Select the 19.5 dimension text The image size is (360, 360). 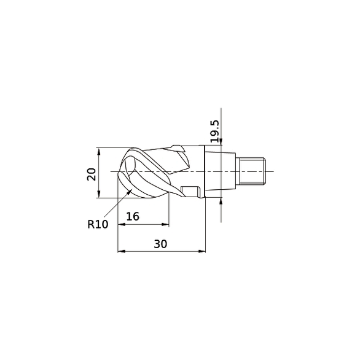click(214, 132)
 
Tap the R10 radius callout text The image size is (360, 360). click(97, 224)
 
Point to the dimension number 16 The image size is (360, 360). click(132, 216)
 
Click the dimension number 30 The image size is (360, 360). click(160, 243)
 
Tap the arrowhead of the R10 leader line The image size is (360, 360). click(131, 192)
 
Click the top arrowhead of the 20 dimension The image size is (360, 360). click(98, 151)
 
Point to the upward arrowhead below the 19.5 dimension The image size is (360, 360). click(221, 199)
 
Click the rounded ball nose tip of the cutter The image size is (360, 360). click(122, 172)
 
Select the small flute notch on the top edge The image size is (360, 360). click(179, 148)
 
